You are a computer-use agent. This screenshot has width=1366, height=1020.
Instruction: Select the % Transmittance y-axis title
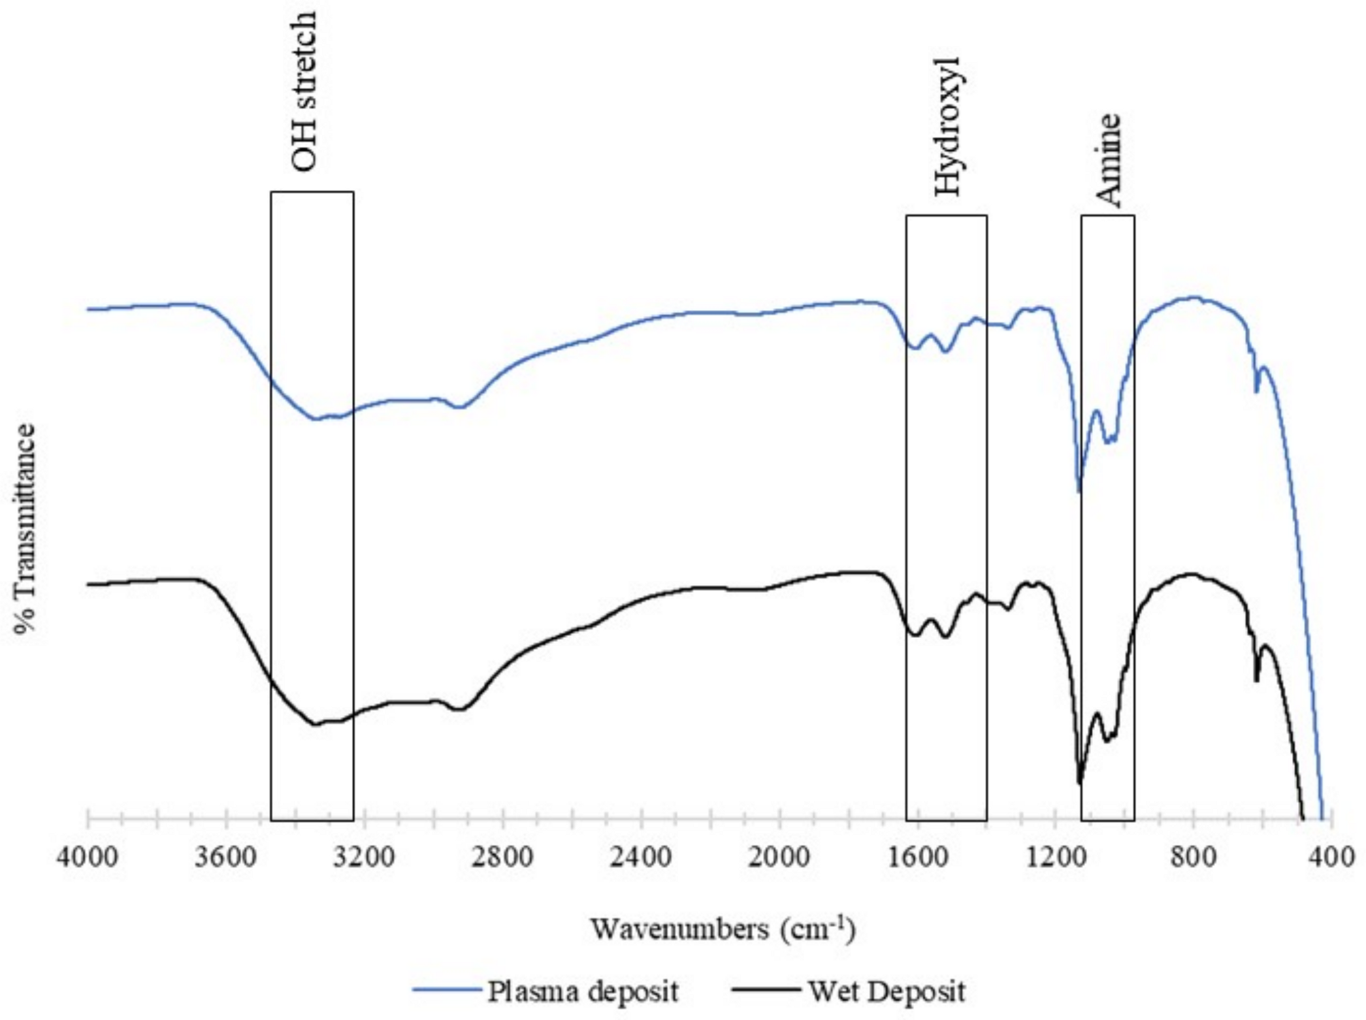26,528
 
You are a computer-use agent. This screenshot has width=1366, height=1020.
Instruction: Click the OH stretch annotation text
304,91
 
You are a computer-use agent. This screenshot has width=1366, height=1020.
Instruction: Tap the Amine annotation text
1109,161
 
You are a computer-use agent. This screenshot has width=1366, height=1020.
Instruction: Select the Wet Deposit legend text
886,991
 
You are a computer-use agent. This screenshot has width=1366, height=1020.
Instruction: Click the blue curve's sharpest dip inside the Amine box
1079,491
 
